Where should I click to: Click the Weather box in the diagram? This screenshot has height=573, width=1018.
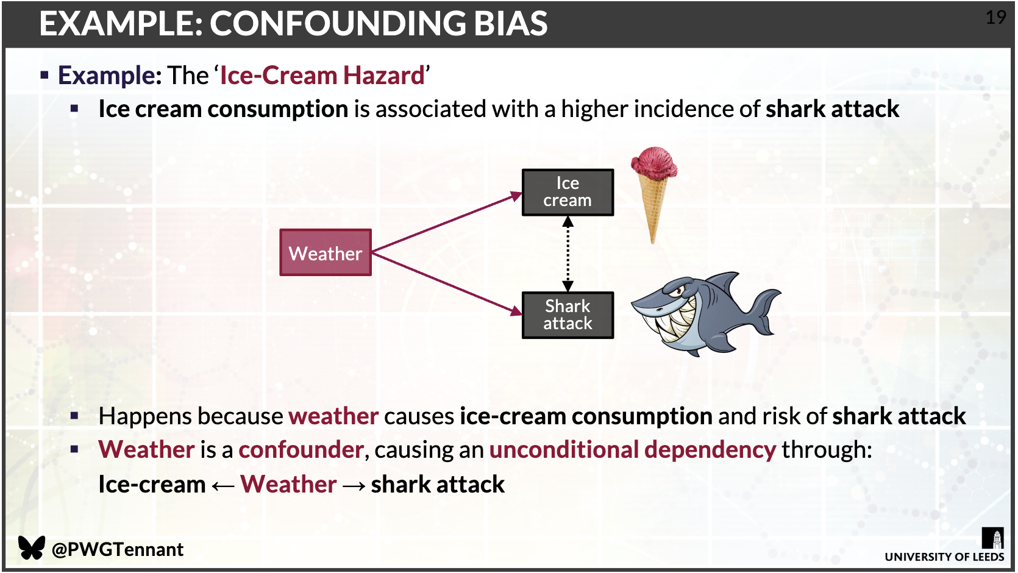[x=326, y=252]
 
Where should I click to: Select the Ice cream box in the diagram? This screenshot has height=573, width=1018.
[x=568, y=192]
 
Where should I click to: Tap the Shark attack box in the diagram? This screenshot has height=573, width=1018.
[x=568, y=315]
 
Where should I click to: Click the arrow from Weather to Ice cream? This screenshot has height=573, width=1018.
[x=447, y=222]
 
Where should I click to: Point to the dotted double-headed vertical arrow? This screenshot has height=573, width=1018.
[x=568, y=254]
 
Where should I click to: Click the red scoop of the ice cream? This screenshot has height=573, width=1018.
[x=654, y=163]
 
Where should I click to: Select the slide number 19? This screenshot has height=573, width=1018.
[x=995, y=18]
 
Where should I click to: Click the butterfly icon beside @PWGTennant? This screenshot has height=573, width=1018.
[x=31, y=547]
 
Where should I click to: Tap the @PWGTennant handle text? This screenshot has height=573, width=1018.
[x=118, y=549]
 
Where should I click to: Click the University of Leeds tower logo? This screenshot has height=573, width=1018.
[x=992, y=538]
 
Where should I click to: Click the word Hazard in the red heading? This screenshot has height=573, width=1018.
[x=383, y=76]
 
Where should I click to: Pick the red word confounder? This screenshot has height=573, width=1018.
[x=301, y=449]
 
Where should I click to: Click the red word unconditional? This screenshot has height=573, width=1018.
[x=564, y=449]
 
